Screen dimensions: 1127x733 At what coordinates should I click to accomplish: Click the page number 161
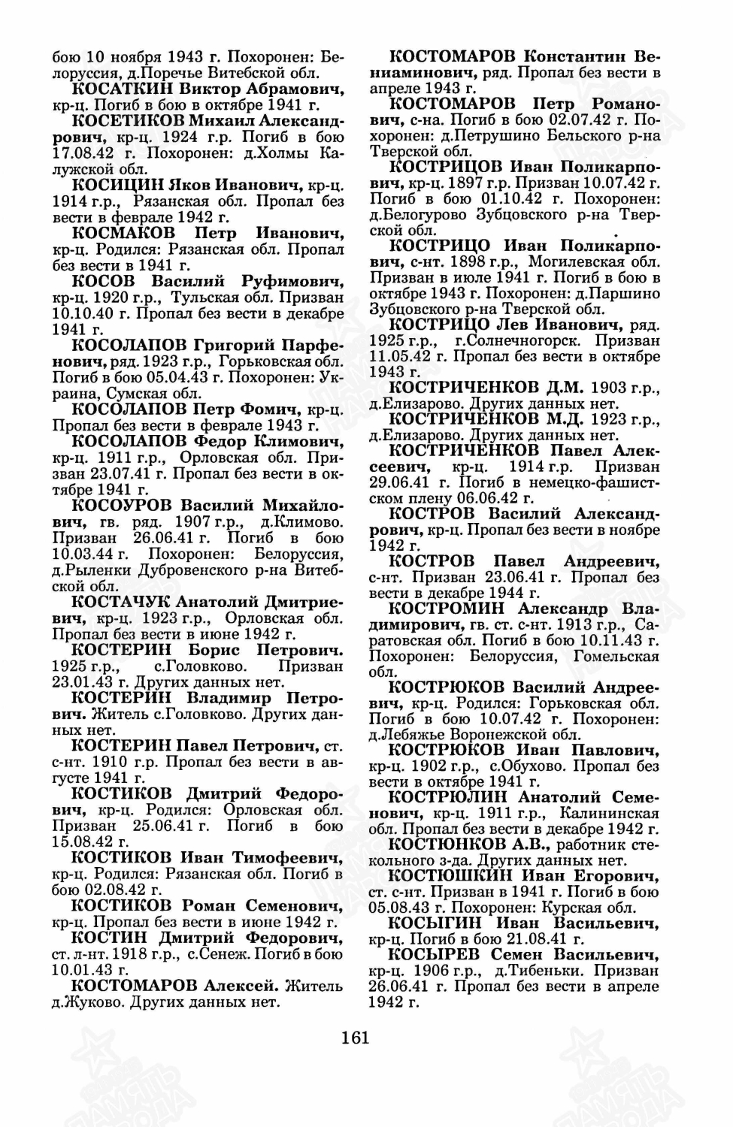click(x=355, y=1038)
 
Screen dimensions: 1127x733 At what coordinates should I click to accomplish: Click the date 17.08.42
click(x=81, y=153)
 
